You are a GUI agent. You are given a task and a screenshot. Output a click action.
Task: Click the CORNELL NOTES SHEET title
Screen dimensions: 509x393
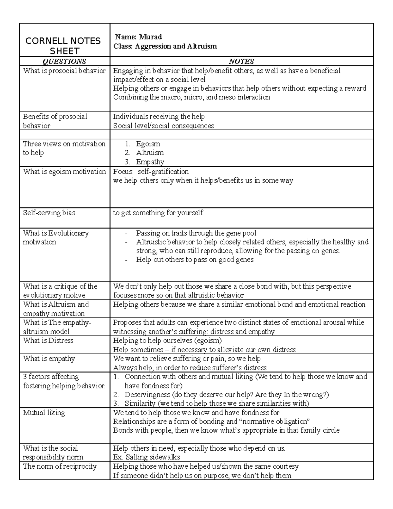pos(63,46)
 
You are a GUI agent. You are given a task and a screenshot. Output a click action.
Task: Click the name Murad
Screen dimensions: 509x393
pos(150,37)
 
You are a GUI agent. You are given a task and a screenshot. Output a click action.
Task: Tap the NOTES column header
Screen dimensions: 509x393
pos(241,61)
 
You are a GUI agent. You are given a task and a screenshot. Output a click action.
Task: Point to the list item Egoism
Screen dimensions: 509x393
pos(148,144)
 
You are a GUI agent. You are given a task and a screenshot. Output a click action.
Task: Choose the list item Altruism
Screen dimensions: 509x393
pos(150,153)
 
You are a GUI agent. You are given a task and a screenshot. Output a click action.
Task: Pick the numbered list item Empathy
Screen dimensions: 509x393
pos(150,162)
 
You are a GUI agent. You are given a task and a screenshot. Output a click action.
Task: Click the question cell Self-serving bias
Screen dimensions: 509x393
pos(49,213)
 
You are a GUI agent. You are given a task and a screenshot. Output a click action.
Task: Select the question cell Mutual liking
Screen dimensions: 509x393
pos(44,413)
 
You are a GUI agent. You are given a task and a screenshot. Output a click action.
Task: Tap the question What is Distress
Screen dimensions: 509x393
pos(48,341)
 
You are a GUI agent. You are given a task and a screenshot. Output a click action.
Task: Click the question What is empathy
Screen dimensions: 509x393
pos(49,359)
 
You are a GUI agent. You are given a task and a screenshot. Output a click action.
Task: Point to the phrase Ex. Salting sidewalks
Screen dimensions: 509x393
pos(146,457)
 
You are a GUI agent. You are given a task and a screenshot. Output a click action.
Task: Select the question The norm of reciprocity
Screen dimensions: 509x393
pos(60,466)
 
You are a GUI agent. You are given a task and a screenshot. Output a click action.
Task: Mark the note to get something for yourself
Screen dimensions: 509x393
pos(158,213)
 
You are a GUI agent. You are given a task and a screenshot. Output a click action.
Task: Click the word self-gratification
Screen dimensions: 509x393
pos(163,172)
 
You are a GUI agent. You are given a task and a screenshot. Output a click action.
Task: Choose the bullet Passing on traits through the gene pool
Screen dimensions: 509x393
pos(196,233)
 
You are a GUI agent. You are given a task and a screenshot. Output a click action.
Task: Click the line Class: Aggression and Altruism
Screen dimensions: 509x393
pos(165,46)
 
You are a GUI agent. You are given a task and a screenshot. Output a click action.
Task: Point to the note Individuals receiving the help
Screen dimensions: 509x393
pos(159,117)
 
